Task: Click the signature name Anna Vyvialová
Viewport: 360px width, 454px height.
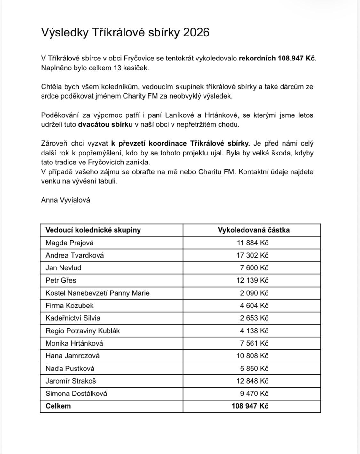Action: coord(65,200)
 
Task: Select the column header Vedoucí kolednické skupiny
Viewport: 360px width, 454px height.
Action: coord(93,230)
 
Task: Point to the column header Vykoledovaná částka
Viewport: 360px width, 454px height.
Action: coord(253,230)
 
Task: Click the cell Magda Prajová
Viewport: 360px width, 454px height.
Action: coord(69,243)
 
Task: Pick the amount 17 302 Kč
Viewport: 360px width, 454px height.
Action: coord(252,255)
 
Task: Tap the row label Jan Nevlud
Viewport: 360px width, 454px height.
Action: coord(63,268)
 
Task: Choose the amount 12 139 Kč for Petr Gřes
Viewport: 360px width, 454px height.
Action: coord(252,280)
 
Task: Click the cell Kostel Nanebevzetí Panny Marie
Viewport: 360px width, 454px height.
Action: coord(97,293)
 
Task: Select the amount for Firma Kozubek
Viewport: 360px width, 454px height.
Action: coord(254,306)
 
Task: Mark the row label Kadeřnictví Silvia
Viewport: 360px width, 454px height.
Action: coord(73,318)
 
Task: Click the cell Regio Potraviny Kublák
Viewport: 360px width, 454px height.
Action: coord(83,331)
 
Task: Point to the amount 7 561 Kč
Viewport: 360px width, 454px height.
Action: coord(254,343)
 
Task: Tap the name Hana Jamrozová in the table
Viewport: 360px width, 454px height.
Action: coord(72,356)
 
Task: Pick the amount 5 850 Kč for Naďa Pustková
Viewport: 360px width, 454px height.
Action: coord(254,369)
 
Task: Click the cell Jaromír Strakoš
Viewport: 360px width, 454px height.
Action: coord(70,381)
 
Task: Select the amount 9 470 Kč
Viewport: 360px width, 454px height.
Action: coord(254,394)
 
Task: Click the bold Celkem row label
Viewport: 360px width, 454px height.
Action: coord(58,406)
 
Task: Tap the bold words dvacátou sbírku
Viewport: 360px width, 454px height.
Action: coord(105,124)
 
